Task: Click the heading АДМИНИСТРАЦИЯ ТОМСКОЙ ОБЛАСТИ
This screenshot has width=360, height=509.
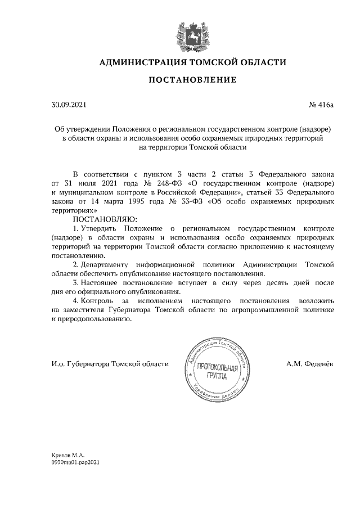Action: coord(192,62)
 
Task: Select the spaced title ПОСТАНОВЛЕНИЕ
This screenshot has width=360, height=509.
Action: coord(192,80)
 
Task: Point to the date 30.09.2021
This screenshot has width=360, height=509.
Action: coord(69,104)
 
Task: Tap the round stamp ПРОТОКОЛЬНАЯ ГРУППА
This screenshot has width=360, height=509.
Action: coord(215,366)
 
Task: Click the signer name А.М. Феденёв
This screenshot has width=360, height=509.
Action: coord(310,364)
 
